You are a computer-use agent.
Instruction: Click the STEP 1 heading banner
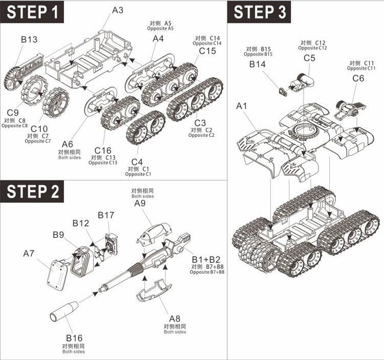[35, 13]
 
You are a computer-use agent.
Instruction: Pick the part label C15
[207, 51]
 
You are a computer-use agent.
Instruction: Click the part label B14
[259, 64]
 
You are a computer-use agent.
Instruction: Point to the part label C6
[358, 78]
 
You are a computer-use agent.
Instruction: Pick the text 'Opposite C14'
[207, 44]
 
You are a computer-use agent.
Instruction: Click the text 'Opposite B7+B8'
[207, 271]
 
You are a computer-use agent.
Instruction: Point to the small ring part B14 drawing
[281, 91]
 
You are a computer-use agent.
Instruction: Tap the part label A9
[140, 203]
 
